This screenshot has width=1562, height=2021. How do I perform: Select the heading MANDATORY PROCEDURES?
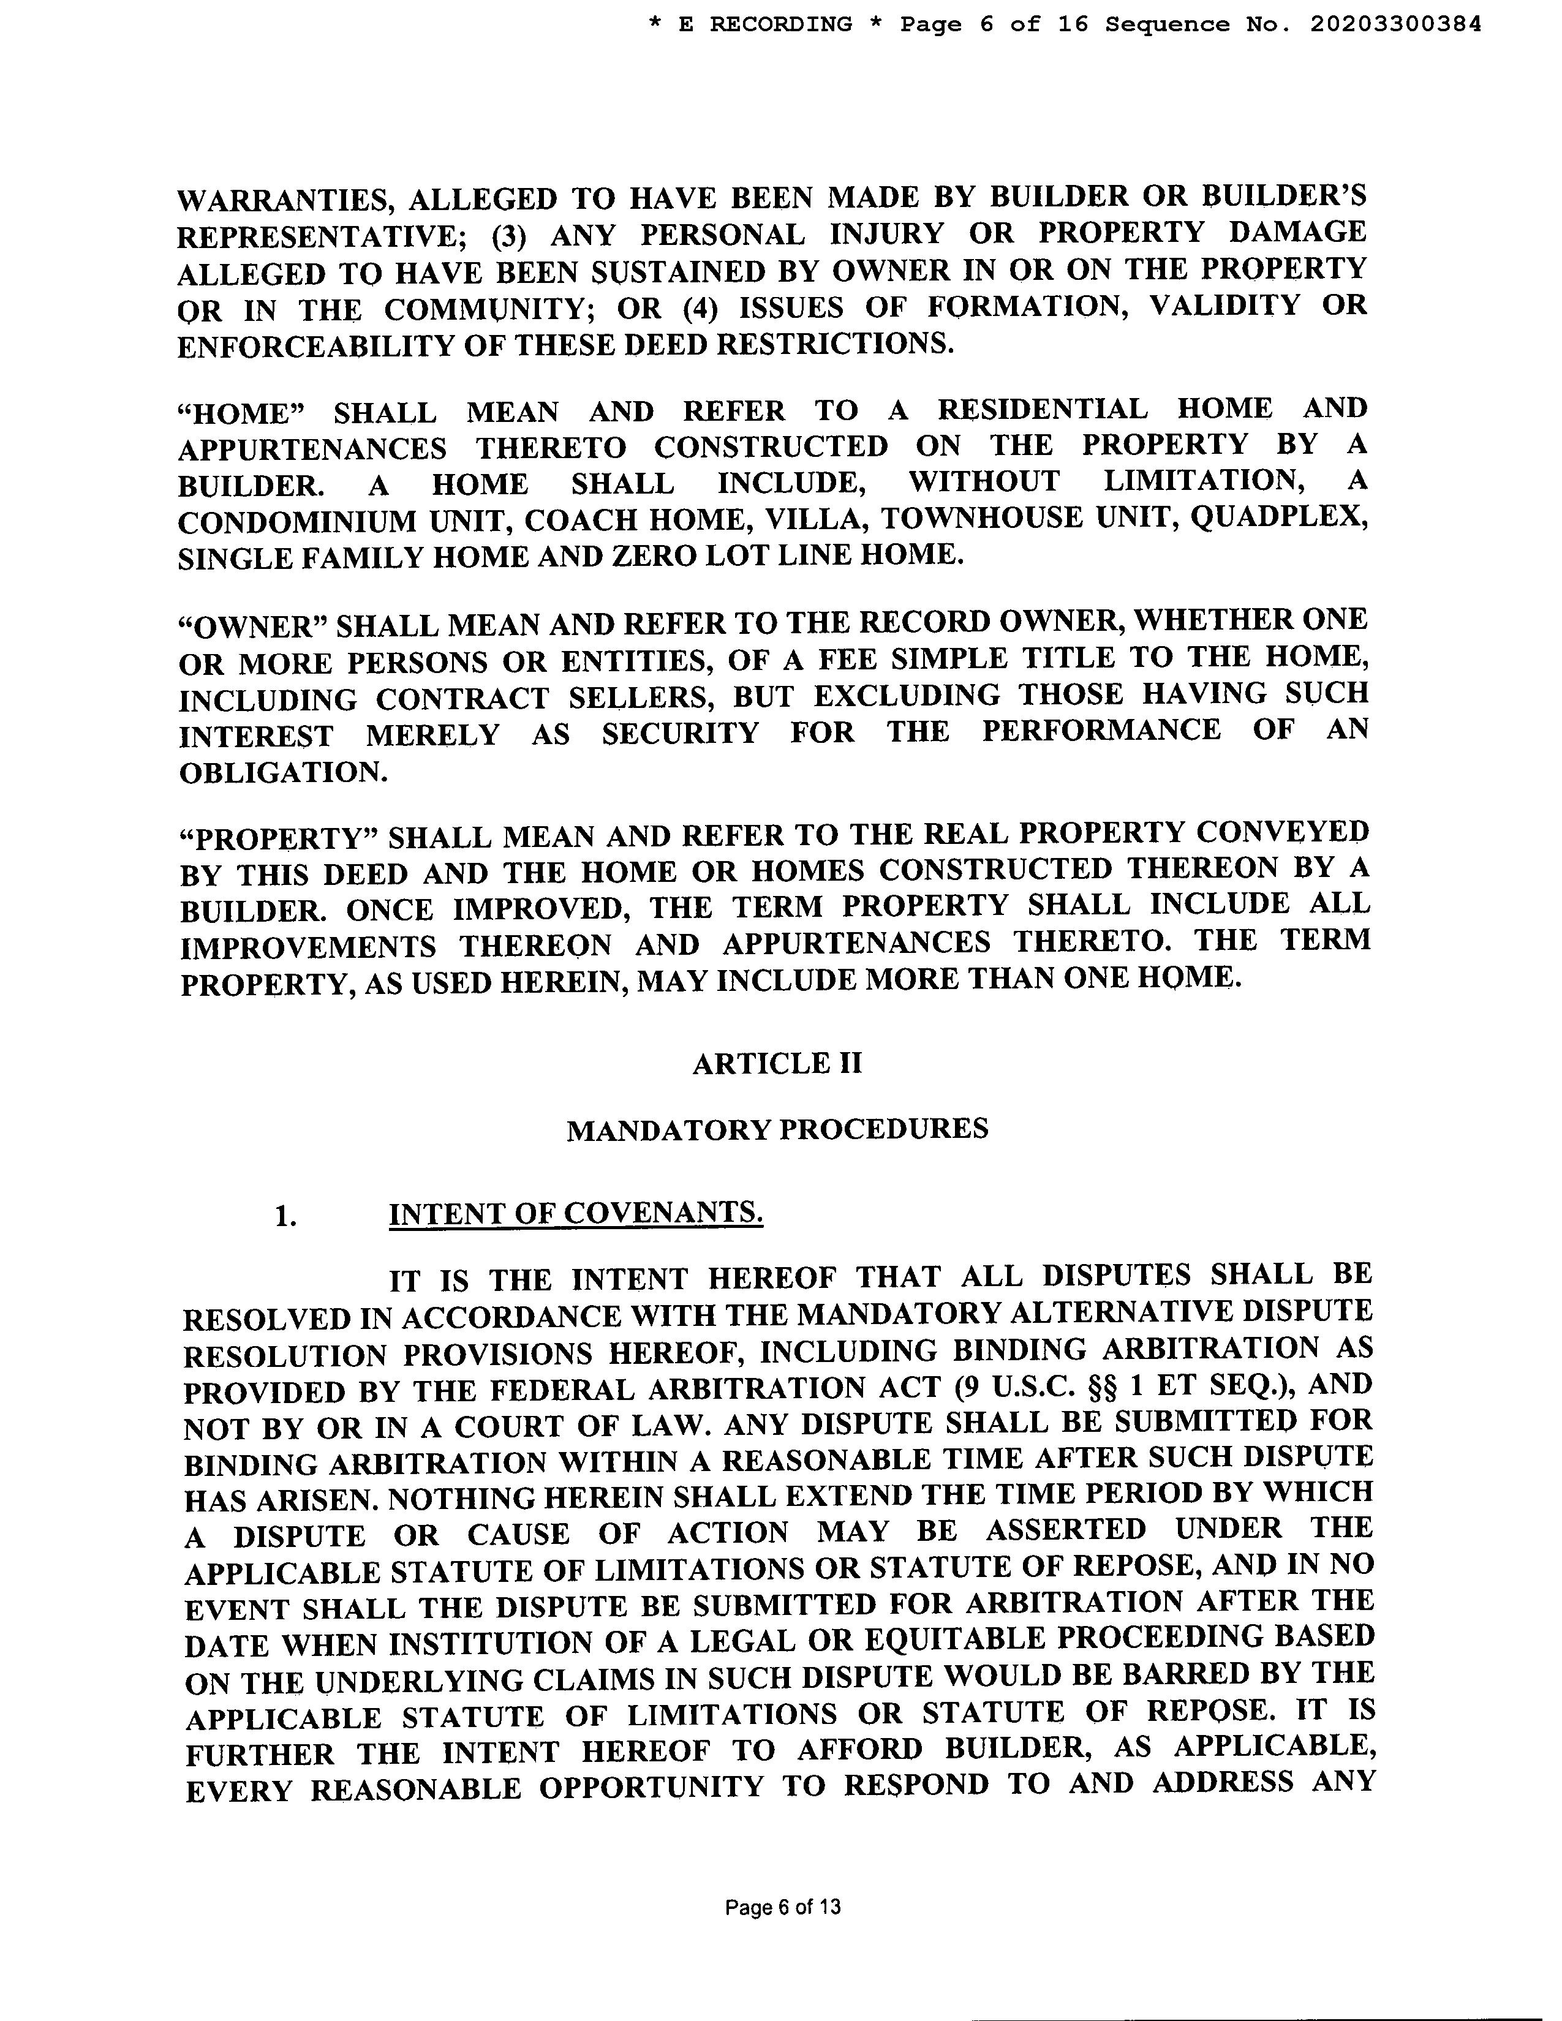[x=777, y=1129]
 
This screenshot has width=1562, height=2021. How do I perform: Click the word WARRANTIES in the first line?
[x=283, y=200]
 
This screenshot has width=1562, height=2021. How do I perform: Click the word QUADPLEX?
[x=1279, y=516]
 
